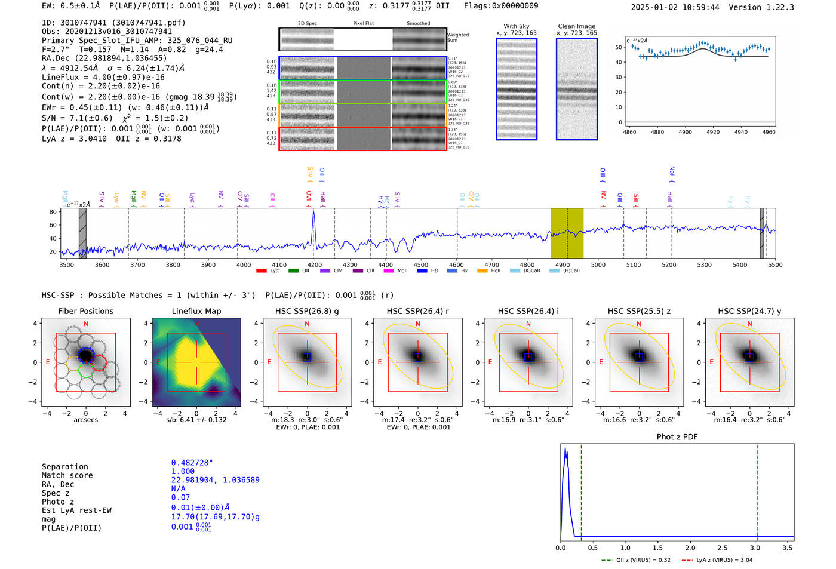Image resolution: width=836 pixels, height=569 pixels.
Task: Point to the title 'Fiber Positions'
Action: coord(85,311)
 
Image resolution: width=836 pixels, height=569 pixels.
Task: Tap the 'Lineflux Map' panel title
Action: coord(196,311)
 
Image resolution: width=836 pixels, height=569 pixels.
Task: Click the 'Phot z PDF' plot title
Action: coord(677,437)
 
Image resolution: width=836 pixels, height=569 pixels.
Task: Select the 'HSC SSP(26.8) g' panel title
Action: coord(307,311)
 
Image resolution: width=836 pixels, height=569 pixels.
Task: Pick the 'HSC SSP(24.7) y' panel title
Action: coord(749,311)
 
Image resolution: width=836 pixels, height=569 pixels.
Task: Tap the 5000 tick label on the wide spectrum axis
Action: coord(598,265)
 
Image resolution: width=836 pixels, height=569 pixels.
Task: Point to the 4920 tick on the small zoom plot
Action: coord(713,132)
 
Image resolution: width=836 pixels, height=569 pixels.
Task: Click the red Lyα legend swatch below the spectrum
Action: coord(261,271)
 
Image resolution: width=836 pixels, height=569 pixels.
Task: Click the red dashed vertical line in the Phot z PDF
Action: coord(758,490)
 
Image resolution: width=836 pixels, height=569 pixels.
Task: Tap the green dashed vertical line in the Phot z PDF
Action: coord(581,490)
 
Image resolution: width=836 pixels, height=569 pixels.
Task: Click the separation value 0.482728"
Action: coord(192,463)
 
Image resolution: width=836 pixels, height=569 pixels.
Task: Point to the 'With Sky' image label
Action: coord(516,26)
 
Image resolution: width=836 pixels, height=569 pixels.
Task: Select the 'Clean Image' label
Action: coord(576,26)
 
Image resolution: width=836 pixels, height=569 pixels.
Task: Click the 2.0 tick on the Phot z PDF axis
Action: coord(690,548)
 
